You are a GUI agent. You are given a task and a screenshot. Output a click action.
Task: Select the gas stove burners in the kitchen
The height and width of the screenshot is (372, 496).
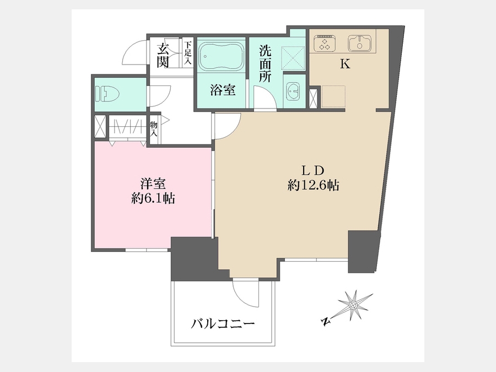coord(325,44)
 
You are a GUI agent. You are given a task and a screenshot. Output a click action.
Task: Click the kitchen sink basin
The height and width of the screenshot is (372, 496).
coord(360,44)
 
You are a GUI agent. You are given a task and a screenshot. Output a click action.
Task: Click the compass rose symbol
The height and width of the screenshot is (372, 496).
coord(353,305)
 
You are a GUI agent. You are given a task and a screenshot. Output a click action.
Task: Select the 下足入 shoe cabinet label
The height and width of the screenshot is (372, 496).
coord(188,53)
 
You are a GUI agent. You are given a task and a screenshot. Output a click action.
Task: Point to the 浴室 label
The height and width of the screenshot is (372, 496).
coord(223,90)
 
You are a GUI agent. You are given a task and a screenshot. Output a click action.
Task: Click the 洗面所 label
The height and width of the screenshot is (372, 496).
coord(265,63)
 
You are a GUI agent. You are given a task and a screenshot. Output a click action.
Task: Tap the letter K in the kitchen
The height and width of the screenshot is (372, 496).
coord(345,64)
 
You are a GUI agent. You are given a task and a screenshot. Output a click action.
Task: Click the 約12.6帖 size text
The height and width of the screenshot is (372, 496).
coord(314,185)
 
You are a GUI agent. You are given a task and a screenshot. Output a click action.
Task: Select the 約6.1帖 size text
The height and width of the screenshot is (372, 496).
coord(153,198)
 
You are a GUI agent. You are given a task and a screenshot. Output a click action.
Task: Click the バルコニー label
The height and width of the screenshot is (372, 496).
coord(223,324)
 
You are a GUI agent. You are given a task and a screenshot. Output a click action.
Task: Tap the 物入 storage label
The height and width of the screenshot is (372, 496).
coord(154,129)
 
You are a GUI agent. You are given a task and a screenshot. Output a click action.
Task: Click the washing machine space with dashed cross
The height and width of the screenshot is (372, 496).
coord(293,57)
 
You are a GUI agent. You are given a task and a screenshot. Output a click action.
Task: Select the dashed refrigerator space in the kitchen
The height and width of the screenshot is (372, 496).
coord(333,96)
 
